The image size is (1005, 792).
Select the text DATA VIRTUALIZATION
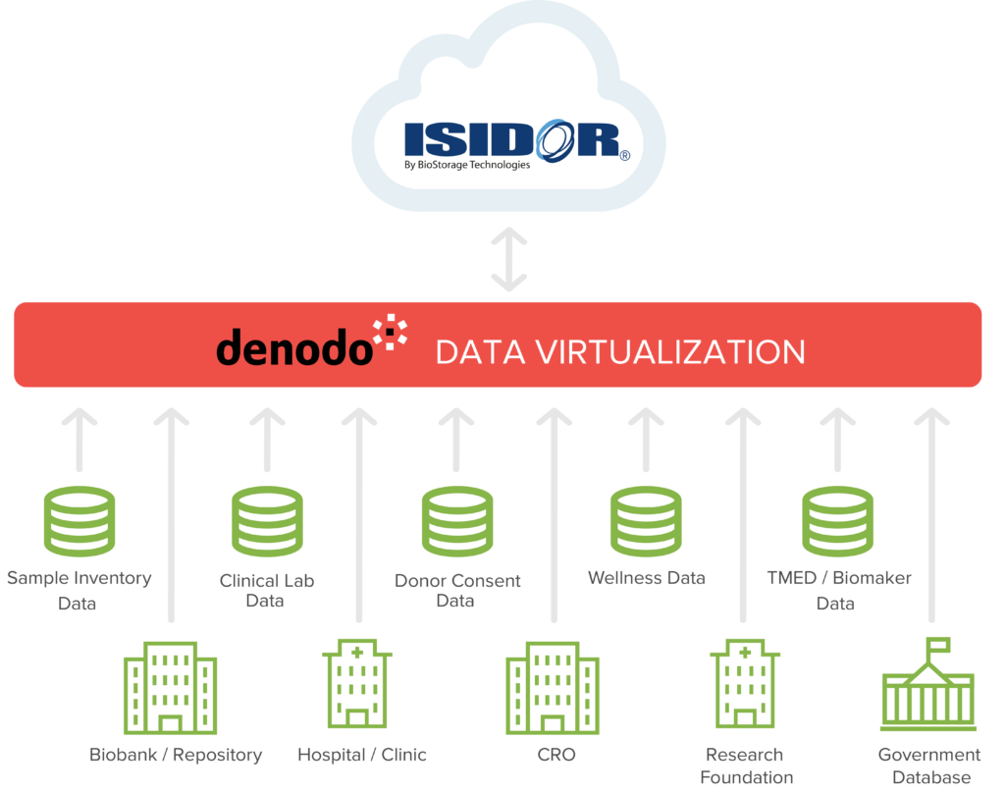pyautogui.click(x=620, y=351)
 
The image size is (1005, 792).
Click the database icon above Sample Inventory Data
pyautogui.click(x=79, y=521)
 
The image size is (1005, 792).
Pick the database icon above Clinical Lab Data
pyautogui.click(x=266, y=521)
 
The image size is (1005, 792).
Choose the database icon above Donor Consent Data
pyautogui.click(x=456, y=521)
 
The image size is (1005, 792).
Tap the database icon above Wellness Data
pyautogui.click(x=645, y=521)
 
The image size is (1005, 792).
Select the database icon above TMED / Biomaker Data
pyautogui.click(x=837, y=521)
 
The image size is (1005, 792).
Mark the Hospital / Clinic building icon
pyautogui.click(x=358, y=683)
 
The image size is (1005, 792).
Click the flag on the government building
pyautogui.click(x=941, y=646)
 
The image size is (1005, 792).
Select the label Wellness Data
pyautogui.click(x=646, y=578)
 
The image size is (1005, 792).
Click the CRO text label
pyautogui.click(x=555, y=755)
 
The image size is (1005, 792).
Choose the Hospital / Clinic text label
pyautogui.click(x=362, y=755)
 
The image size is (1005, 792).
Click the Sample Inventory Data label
pyautogui.click(x=79, y=590)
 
